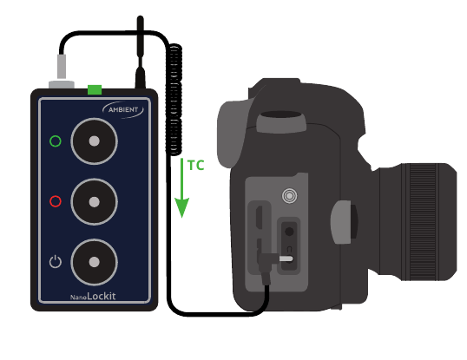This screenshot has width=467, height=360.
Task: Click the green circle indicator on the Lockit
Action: coord(56,141)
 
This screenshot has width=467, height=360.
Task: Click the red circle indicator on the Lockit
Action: coord(56,201)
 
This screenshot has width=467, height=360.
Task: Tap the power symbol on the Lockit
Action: coord(56,261)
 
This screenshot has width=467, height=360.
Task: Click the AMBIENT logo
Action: coord(123,110)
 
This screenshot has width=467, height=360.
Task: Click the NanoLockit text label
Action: coord(93,296)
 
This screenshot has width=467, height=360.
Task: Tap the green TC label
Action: coord(196,166)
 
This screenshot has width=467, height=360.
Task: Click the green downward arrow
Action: coord(182,188)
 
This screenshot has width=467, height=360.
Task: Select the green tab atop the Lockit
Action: coord(95,89)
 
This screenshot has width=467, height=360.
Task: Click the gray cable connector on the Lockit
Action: coord(62,71)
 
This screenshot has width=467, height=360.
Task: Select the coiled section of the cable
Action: coord(174,100)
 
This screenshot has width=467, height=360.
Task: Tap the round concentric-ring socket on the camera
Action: coord(289,196)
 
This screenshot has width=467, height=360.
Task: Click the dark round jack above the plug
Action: coord(289,232)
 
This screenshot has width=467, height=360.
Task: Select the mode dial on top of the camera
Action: coord(281,121)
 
